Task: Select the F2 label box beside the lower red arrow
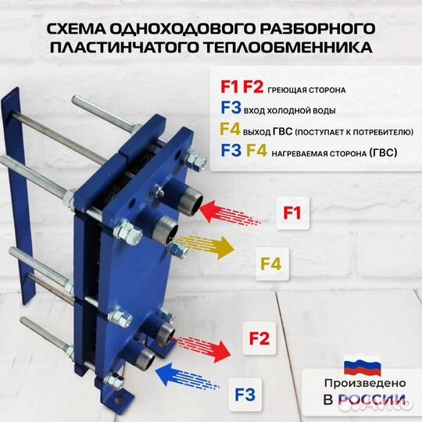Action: pyautogui.click(x=259, y=338)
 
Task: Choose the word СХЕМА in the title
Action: pyautogui.click(x=77, y=29)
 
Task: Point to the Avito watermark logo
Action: pyautogui.click(x=375, y=402)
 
